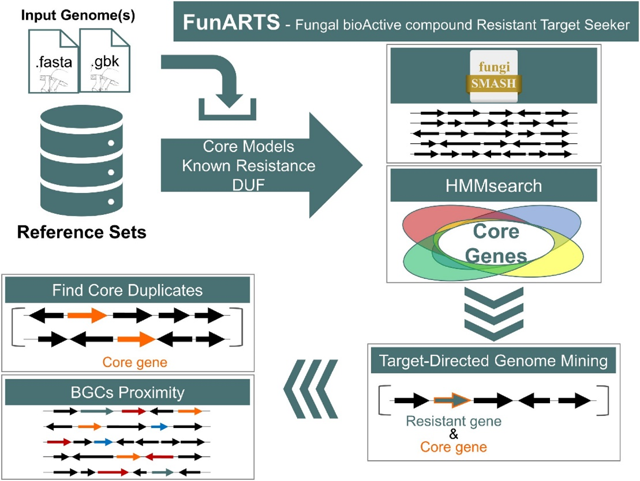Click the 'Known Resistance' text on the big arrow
click(248, 165)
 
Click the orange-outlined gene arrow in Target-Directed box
click(452, 401)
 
